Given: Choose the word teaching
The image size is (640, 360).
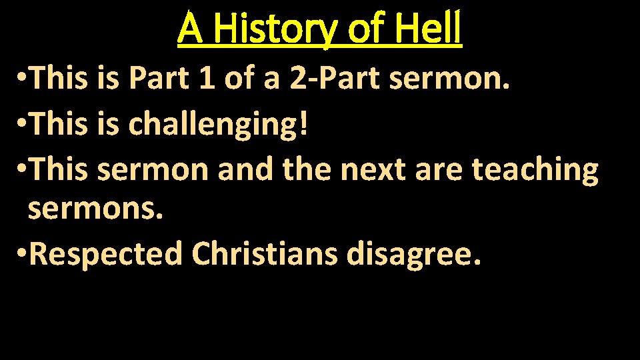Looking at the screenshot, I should [535, 169].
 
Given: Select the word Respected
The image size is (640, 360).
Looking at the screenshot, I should [105, 254].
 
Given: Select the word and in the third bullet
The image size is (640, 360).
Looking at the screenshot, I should [245, 169].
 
